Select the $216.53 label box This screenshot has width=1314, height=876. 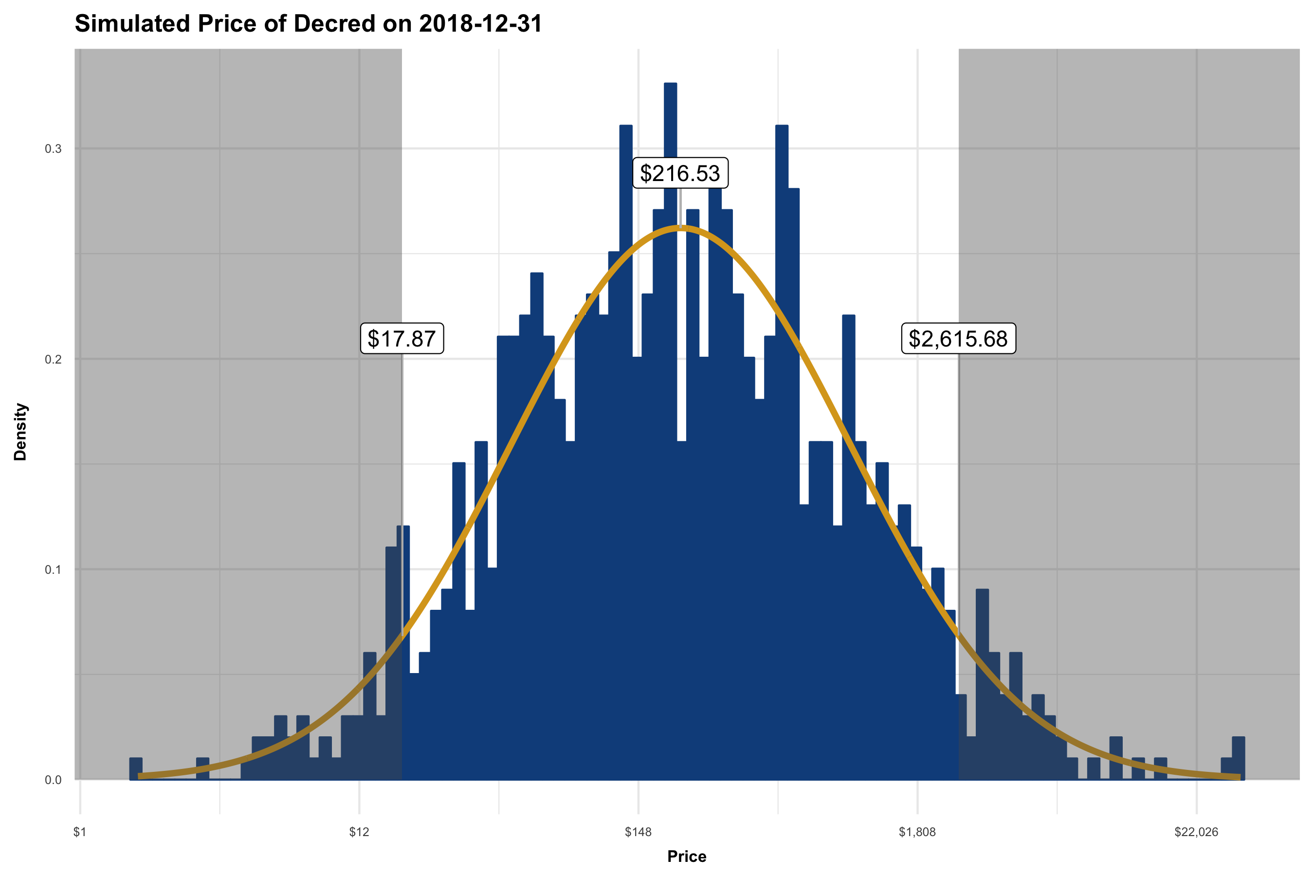point(680,173)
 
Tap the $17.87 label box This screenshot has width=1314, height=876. point(401,339)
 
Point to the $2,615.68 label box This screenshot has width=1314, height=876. point(958,339)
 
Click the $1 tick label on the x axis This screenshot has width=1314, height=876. point(80,832)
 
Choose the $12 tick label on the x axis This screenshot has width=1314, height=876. point(359,832)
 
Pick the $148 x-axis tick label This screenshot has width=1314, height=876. point(638,832)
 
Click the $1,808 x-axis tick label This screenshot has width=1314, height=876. point(917,832)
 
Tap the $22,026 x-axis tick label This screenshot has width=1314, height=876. point(1196,832)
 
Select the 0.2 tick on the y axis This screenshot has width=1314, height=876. point(53,359)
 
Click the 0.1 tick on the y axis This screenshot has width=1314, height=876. point(53,570)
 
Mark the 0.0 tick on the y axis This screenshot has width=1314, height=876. point(53,781)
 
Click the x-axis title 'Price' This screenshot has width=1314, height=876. point(687,857)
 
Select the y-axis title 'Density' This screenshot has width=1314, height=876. point(20,431)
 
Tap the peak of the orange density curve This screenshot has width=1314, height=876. point(680,227)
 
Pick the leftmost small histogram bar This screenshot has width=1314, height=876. point(136,769)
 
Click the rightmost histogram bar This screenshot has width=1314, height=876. point(1239,758)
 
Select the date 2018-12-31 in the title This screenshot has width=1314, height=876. point(480,24)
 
